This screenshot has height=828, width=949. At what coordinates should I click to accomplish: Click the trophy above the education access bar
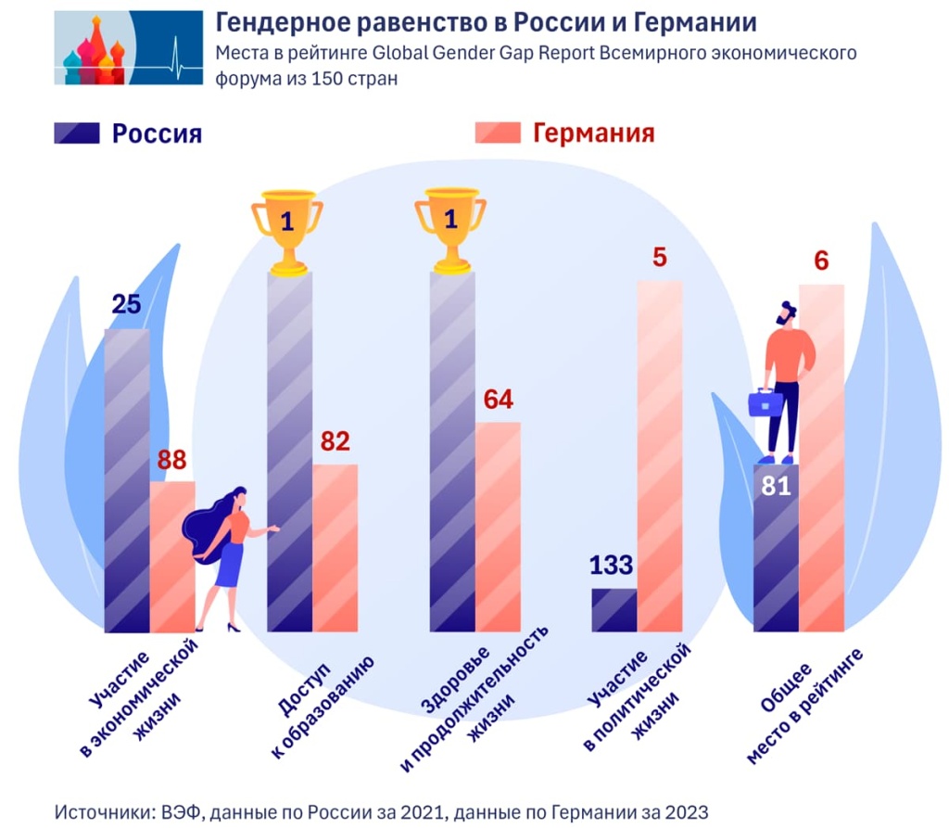tap(287, 230)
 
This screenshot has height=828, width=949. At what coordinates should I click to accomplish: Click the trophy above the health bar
tap(450, 230)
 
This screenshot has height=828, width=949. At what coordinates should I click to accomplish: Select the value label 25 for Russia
tap(126, 305)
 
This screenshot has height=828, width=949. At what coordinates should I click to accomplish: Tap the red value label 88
tap(173, 460)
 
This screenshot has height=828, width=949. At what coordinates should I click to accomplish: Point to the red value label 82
tap(335, 442)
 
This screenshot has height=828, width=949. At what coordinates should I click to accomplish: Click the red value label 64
tap(498, 400)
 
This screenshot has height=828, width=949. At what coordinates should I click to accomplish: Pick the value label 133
tap(614, 565)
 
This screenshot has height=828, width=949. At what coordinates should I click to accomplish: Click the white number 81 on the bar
tap(776, 486)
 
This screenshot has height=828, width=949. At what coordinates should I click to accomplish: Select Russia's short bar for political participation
tap(614, 610)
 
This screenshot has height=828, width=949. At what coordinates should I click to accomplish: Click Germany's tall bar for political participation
tap(659, 454)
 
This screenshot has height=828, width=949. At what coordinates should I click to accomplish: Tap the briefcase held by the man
tap(765, 403)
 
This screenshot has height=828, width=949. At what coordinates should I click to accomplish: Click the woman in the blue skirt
tap(231, 556)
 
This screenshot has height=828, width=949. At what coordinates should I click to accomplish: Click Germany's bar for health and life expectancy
tap(498, 527)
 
